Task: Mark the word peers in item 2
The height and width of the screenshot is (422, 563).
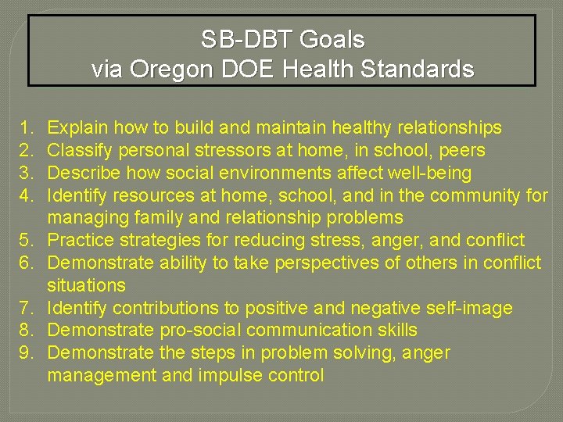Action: (x=463, y=150)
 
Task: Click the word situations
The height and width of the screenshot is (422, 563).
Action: (x=86, y=286)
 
